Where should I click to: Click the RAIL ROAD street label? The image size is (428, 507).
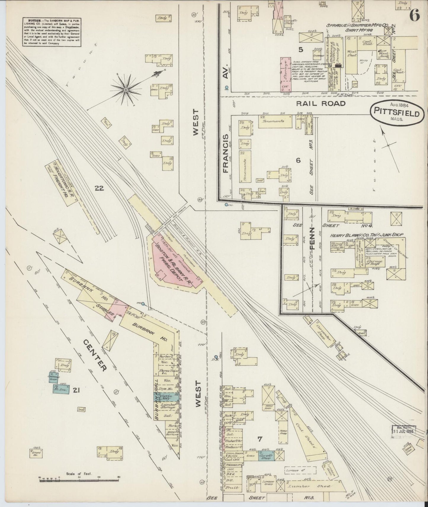tap(321, 104)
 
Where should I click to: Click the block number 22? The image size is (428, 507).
tap(99, 188)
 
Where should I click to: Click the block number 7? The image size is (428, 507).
tap(259, 439)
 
